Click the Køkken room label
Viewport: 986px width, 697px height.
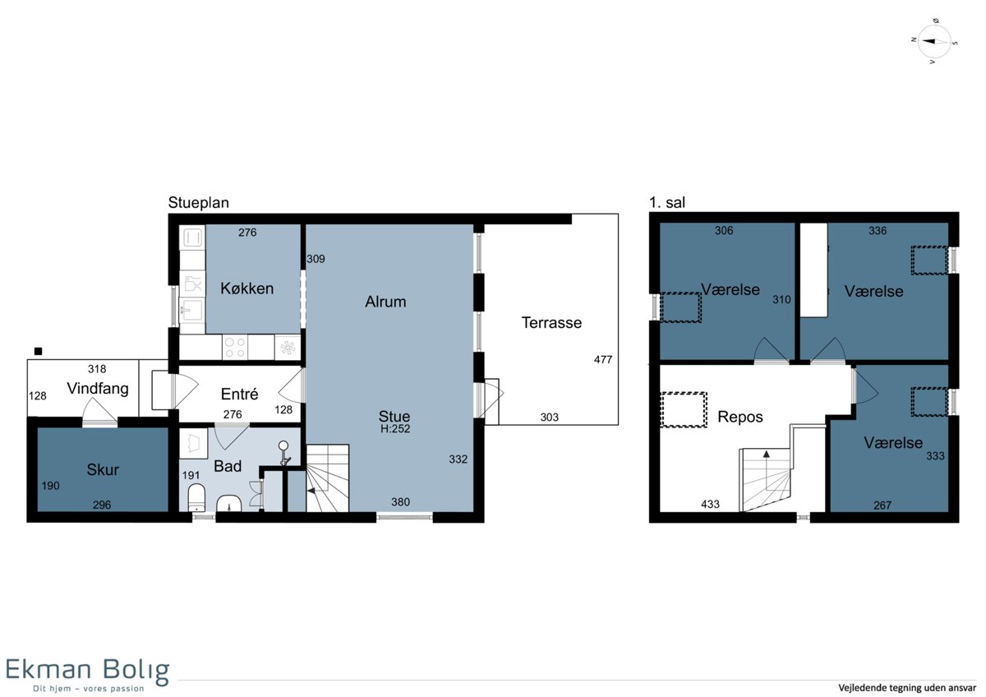(247, 288)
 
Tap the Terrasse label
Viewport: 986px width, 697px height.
(551, 323)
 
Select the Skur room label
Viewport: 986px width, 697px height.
(103, 470)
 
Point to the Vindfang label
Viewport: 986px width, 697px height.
(98, 388)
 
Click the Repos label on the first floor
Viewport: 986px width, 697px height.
(740, 417)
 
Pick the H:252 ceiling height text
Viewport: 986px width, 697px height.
(395, 429)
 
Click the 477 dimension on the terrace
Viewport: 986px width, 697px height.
(602, 360)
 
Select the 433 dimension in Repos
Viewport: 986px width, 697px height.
(710, 504)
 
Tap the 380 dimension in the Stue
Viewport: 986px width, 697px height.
(401, 502)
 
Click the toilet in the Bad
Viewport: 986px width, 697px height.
(196, 498)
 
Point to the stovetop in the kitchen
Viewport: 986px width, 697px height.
(235, 348)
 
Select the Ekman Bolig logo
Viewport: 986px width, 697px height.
(88, 675)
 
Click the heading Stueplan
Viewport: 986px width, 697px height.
(199, 202)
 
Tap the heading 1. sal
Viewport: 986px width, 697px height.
(667, 202)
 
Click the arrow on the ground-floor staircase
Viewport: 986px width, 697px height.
(312, 490)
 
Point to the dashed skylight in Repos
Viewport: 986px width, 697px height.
(684, 409)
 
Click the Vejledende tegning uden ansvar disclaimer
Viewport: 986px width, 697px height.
(907, 688)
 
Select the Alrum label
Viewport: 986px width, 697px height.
(385, 302)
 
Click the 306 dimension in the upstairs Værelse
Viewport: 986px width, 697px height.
(724, 230)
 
